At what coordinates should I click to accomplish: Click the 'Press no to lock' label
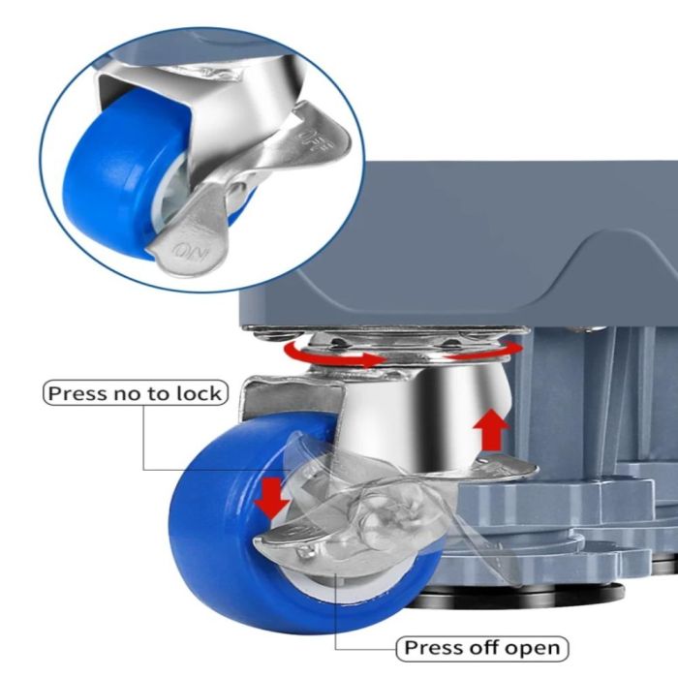[136, 392]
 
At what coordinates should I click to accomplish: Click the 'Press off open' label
[481, 648]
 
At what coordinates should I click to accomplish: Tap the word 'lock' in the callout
[199, 393]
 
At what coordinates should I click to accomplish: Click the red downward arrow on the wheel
[271, 496]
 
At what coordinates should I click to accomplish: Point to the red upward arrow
[491, 429]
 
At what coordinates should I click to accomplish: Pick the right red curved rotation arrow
[484, 350]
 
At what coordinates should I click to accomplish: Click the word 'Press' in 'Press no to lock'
[77, 393]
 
